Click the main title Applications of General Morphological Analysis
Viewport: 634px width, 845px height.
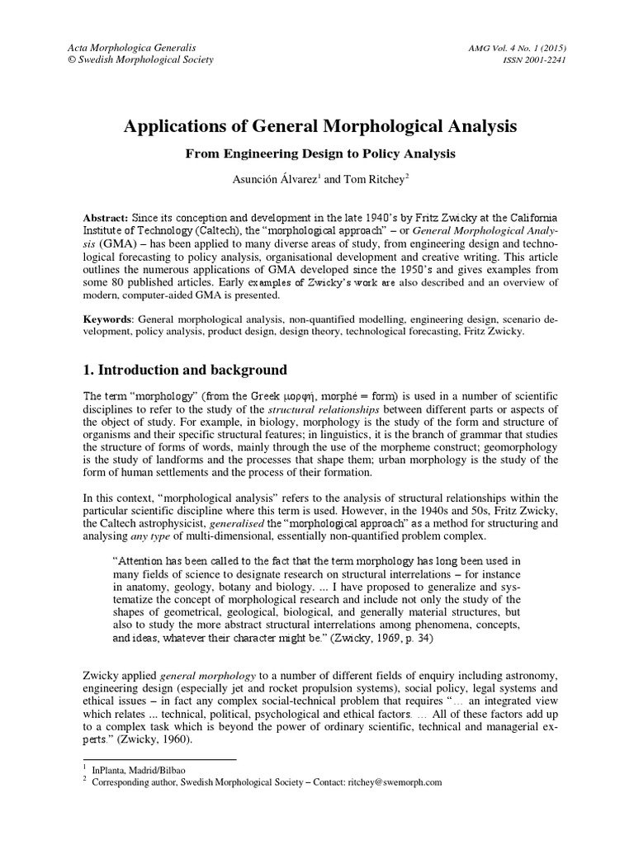tap(320, 127)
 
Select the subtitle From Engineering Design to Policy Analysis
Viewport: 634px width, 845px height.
tap(320, 153)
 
